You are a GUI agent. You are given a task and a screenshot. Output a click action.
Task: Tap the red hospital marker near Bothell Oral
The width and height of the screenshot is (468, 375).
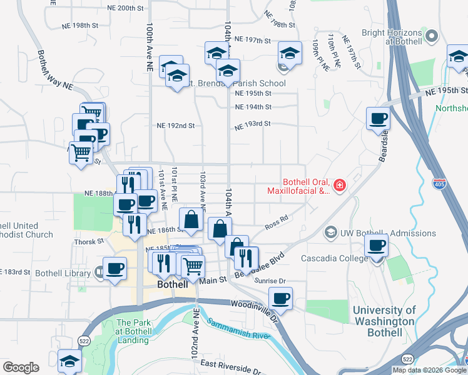[x=339, y=185]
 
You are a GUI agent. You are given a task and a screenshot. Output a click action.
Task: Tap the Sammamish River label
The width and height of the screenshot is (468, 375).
[x=238, y=330]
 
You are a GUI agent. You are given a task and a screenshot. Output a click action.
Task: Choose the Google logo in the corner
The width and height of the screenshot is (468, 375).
[x=21, y=367]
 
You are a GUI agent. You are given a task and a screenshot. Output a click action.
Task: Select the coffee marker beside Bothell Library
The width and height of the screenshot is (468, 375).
[x=114, y=269]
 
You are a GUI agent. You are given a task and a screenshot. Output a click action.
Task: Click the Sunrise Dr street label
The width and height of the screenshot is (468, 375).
[x=270, y=281]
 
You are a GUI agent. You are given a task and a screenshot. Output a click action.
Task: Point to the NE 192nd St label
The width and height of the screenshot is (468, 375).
[x=175, y=126]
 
